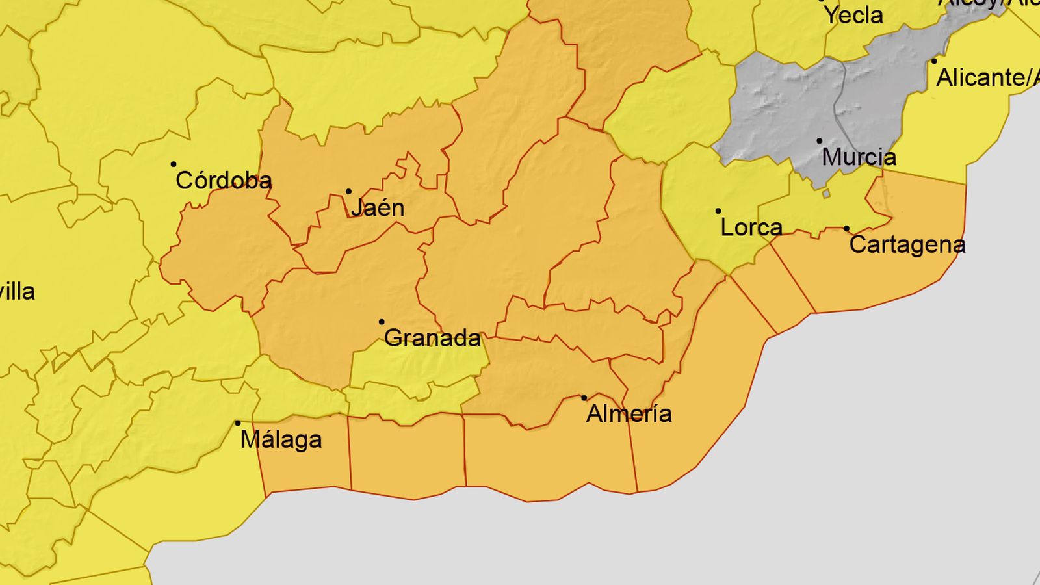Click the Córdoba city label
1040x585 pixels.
(x=224, y=181)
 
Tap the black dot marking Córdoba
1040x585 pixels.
(x=174, y=164)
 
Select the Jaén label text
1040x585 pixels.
(x=378, y=208)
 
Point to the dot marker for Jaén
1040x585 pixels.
(x=348, y=192)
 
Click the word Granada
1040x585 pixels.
(x=433, y=338)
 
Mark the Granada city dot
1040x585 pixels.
(x=382, y=322)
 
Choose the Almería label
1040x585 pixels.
(x=629, y=414)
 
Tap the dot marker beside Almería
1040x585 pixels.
(x=584, y=398)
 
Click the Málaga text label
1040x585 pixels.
(x=281, y=440)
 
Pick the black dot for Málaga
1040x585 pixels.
(x=238, y=423)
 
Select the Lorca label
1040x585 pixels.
(x=751, y=227)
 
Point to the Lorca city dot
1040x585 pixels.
(x=718, y=211)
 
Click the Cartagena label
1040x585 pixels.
(x=907, y=245)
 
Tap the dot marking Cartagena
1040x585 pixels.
(x=846, y=229)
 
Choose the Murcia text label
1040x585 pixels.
(x=859, y=157)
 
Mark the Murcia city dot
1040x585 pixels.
(x=820, y=141)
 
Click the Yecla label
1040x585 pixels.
(x=853, y=16)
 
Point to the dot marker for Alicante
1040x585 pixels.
(x=934, y=62)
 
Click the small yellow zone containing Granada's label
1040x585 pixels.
(x=416, y=367)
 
